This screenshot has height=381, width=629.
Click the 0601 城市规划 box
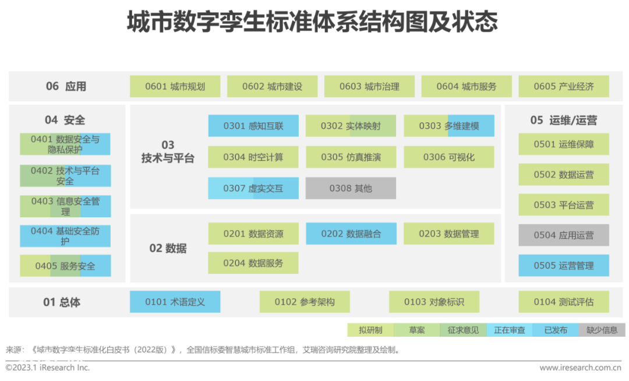(x=175, y=86)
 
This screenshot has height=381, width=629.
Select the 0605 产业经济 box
(x=564, y=86)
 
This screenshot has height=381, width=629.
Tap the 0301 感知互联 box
(x=253, y=126)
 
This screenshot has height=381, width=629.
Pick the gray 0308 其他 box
(x=351, y=188)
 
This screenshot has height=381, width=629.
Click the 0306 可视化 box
(x=449, y=157)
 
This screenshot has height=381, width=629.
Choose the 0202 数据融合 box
(x=351, y=234)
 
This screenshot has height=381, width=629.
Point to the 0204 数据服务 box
(x=253, y=263)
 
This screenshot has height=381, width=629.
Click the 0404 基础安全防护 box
(x=65, y=236)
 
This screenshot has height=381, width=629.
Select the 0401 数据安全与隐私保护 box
(x=65, y=144)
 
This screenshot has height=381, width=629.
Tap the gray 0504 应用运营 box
(x=564, y=235)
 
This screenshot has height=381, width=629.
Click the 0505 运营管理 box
(x=564, y=266)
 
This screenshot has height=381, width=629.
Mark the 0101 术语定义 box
(x=175, y=302)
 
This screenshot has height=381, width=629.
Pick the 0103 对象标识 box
(x=434, y=302)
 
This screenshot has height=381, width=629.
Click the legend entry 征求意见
(x=464, y=330)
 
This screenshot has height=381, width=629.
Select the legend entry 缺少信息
(x=602, y=330)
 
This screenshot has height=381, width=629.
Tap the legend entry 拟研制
(x=370, y=330)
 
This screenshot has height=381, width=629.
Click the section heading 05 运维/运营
(x=564, y=121)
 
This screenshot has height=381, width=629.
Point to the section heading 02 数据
(x=168, y=248)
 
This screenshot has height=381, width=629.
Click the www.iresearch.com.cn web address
(x=580, y=368)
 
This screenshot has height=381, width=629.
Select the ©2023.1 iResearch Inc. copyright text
(x=48, y=368)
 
